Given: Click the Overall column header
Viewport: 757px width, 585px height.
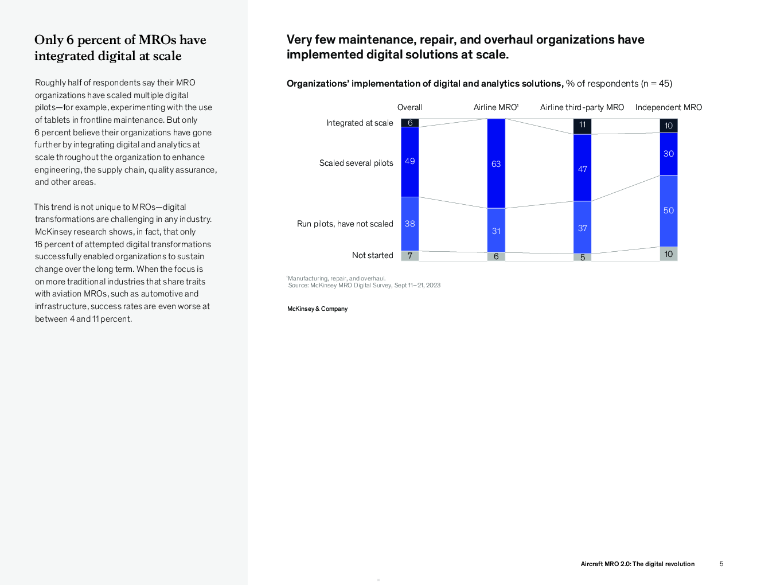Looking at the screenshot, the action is click(x=409, y=107).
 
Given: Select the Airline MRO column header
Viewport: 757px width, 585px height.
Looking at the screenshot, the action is click(x=495, y=107).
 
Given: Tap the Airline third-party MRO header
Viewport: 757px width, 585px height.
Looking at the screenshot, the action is click(x=582, y=107).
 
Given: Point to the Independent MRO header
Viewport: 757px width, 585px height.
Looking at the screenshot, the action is click(x=668, y=107).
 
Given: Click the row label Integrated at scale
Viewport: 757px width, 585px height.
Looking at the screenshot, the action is click(x=360, y=123).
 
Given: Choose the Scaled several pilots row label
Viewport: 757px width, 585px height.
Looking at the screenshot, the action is click(x=356, y=163).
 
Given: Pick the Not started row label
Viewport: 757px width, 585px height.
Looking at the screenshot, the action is click(x=372, y=255).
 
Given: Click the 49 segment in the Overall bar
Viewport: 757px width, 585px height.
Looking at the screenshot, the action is click(x=409, y=162).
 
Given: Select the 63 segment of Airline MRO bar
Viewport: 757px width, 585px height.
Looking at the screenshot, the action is click(x=496, y=163).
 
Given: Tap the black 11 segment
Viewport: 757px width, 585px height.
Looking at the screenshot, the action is click(x=582, y=127).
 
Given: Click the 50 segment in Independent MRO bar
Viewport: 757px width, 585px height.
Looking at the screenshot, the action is click(x=669, y=211).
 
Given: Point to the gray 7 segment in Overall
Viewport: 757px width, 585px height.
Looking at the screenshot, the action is click(x=409, y=256).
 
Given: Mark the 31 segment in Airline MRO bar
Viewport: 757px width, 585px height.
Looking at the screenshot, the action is click(x=496, y=231).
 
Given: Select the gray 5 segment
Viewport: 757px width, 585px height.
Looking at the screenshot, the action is click(x=582, y=257).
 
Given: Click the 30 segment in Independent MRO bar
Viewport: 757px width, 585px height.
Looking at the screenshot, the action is click(x=669, y=154).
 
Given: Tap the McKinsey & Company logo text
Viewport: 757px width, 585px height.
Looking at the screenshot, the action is click(x=317, y=309).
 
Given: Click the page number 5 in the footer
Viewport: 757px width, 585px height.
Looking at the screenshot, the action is click(x=721, y=564).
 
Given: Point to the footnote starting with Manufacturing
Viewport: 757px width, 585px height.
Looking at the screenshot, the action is click(x=336, y=278).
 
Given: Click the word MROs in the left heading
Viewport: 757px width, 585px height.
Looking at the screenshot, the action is click(x=158, y=40).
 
